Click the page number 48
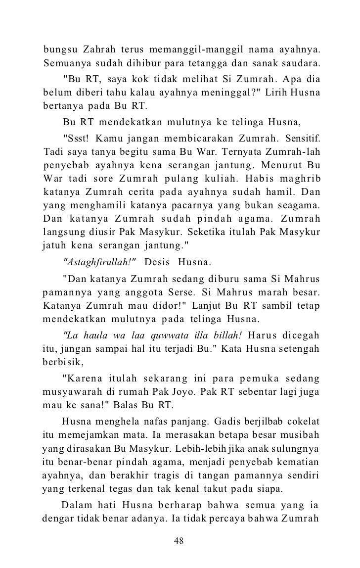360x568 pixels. point(180,540)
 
